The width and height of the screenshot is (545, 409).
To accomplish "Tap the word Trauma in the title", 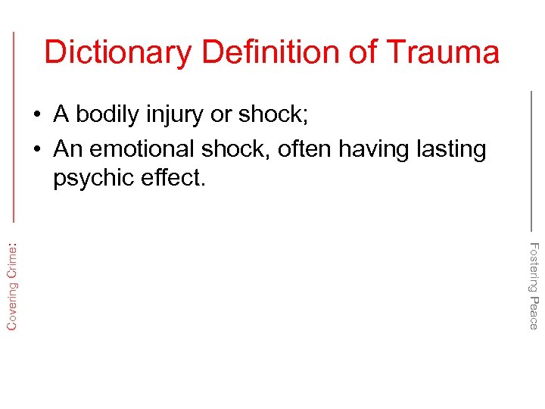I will tap(443, 52).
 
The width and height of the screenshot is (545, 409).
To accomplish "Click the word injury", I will tap(176, 115).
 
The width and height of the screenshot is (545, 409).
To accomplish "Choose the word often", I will tap(304, 149).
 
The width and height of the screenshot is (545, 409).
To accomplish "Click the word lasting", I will tap(451, 149).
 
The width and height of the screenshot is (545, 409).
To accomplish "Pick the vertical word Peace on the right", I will tap(534, 313).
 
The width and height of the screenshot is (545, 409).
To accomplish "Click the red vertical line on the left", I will tap(14, 125).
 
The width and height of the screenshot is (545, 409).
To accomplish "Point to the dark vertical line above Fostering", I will tap(531, 159).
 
